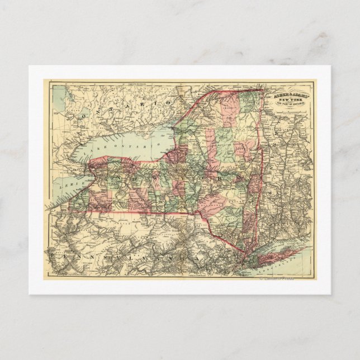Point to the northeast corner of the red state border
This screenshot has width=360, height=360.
coord(262,90)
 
